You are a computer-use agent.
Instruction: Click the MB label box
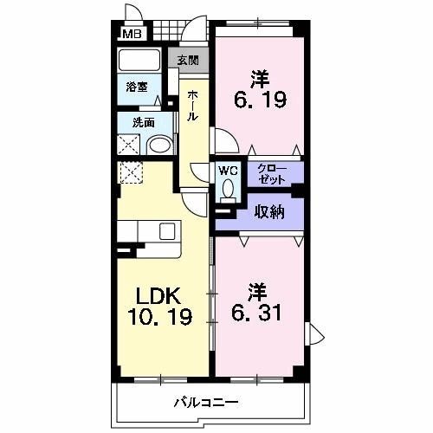131,35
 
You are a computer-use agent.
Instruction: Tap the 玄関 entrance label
188,60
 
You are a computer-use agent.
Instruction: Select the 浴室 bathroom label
136,87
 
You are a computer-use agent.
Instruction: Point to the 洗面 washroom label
143,123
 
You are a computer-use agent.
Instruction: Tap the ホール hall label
191,103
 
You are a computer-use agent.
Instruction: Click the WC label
228,170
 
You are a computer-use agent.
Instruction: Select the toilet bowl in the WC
229,187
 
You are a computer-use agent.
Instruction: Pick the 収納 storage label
268,212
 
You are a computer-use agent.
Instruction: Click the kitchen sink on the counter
167,230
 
